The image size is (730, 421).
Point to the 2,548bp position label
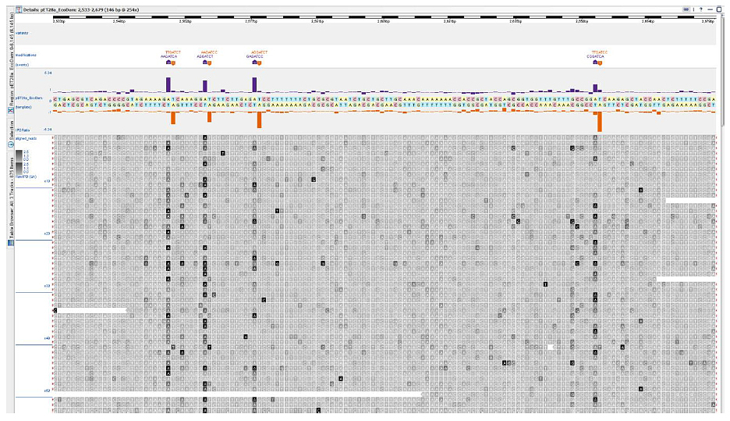pyautogui.click(x=119, y=22)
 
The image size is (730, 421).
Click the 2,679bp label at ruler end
pyautogui.click(x=707, y=22)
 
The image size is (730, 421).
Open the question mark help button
pyautogui.click(x=701, y=7)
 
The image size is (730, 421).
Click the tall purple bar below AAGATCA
pyautogui.click(x=168, y=84)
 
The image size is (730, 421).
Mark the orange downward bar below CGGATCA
pyautogui.click(x=599, y=121)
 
